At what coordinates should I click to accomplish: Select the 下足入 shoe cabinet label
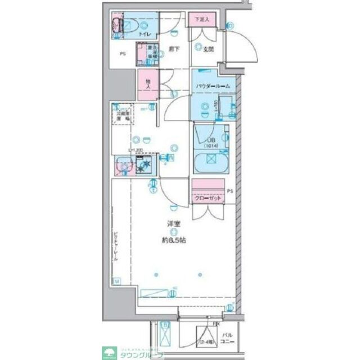(x=202, y=20)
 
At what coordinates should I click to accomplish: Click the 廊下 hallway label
(x=174, y=49)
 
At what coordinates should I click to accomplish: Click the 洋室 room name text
(x=173, y=224)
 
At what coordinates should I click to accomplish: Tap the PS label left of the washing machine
(x=122, y=55)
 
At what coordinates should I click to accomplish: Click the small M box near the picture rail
(x=116, y=280)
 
